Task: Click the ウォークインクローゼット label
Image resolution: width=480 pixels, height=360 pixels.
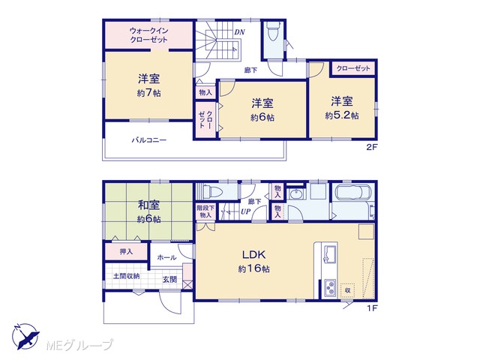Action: coord(148,35)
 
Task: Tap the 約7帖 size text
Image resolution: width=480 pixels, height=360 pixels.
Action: coord(148,93)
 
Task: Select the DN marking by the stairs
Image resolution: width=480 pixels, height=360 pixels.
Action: coord(239,31)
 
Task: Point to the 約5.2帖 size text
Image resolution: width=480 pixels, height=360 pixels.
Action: coord(342,115)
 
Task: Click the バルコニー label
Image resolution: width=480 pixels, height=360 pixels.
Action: coord(149,140)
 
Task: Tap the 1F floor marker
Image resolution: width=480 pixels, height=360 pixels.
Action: coord(372,308)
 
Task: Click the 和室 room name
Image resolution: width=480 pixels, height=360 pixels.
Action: coord(148,205)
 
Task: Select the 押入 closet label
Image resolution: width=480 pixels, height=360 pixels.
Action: coord(126,252)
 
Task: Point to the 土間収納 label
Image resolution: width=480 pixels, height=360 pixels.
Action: coord(127,276)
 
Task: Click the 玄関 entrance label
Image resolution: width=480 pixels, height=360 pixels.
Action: coord(169,279)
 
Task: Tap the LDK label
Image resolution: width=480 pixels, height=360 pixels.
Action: coord(253,254)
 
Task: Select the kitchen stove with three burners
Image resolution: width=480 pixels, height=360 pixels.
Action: coord(330,288)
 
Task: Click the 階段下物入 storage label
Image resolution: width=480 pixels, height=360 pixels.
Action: coord(205,211)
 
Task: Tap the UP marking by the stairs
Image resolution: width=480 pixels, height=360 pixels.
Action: coord(245,211)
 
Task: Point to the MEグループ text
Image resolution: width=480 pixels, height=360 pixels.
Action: coord(79,345)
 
